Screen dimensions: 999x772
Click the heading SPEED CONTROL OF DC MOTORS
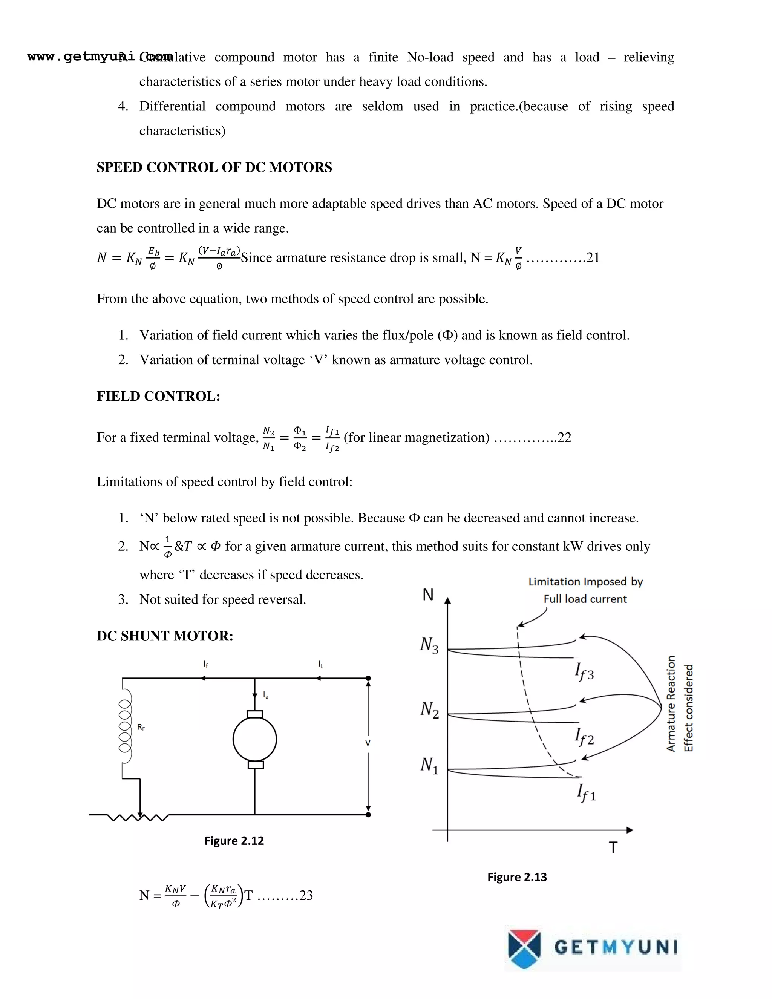pos(214,167)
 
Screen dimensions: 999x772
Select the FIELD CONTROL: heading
pos(158,396)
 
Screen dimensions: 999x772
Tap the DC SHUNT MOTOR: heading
pos(165,636)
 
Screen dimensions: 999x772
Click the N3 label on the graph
pos(429,645)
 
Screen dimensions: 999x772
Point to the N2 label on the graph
pos(429,710)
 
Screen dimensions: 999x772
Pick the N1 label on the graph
pos(429,765)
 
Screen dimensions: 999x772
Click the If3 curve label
pos(584,672)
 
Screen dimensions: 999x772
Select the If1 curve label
pos(586,793)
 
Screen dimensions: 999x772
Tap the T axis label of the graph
pos(613,847)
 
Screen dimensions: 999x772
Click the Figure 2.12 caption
pos(234,841)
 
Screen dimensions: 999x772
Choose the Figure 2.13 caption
pos(517,877)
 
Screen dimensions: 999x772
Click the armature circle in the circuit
pos(255,740)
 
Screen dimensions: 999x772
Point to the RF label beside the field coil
pos(141,727)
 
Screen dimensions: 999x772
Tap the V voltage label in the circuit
pos(368,743)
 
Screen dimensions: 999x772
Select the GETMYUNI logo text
pos(616,947)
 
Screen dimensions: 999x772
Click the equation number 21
pos(592,258)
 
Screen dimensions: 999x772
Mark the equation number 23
pos(306,895)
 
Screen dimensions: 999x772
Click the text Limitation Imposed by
pos(585,582)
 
